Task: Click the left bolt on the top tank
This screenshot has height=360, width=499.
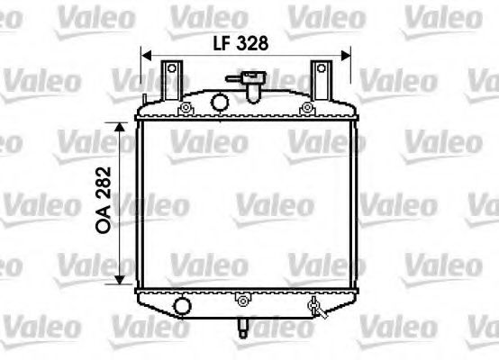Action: pyautogui.click(x=186, y=110)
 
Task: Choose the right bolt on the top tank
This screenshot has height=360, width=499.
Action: pyautogui.click(x=310, y=109)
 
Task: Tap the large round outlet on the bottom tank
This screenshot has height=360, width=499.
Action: pyautogui.click(x=183, y=308)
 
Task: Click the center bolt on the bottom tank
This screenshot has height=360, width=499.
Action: pyautogui.click(x=243, y=302)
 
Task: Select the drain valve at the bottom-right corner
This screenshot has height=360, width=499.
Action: pyautogui.click(x=314, y=309)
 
